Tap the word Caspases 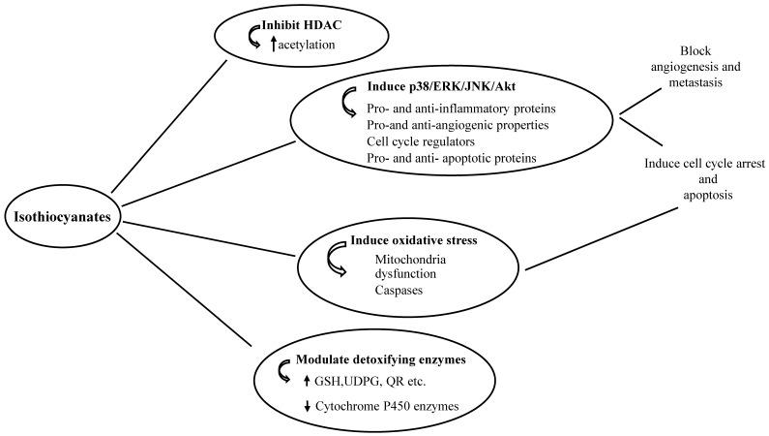click(x=401, y=290)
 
